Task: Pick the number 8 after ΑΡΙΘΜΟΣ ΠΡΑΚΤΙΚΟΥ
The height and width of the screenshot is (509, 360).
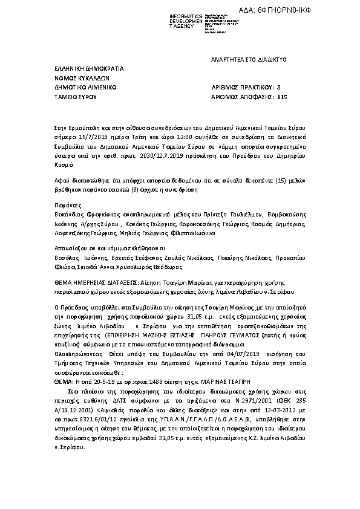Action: coord(278,87)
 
